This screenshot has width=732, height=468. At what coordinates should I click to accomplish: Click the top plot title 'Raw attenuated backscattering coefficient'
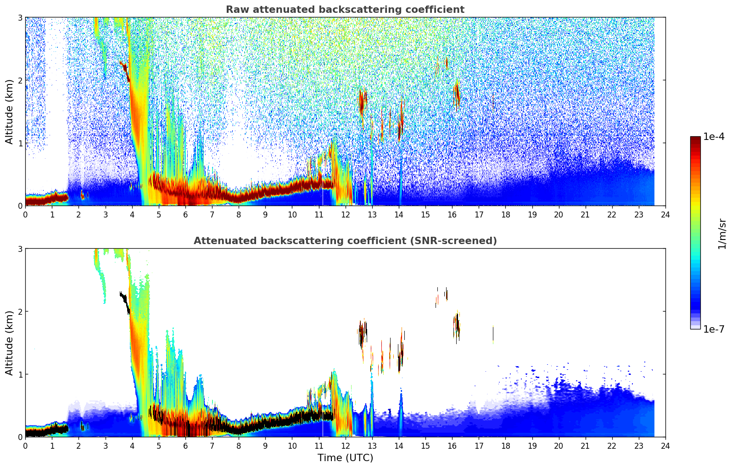coord(345,10)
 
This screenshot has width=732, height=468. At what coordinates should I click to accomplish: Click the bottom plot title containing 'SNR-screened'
coord(345,241)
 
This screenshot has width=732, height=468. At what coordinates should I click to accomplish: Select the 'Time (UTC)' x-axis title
coord(345,457)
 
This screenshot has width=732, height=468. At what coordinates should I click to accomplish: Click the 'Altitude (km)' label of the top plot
coord(10,111)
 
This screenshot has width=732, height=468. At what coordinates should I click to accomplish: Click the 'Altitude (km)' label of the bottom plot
coord(10,343)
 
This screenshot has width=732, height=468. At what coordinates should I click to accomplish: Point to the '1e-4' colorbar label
coord(714,137)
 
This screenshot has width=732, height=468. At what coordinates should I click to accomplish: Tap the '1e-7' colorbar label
coord(714,329)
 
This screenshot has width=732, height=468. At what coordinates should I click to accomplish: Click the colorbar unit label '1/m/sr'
coord(722,234)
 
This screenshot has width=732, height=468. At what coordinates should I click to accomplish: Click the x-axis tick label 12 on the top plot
coord(345,215)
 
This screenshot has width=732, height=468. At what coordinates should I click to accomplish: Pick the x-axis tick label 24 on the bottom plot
coord(665,446)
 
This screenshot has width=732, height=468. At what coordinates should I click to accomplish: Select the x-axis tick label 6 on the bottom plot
coord(185,446)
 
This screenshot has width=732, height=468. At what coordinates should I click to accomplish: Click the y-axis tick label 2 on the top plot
coord(20,80)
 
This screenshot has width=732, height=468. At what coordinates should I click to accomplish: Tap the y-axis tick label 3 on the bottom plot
coord(20,249)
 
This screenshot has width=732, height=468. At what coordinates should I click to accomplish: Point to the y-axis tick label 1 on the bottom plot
coord(20,374)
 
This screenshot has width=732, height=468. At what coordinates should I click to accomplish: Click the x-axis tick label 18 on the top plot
coord(505,215)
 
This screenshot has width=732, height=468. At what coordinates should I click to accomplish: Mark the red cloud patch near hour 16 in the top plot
coord(456,94)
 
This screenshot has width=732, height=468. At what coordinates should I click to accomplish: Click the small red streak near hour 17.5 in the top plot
coord(493,102)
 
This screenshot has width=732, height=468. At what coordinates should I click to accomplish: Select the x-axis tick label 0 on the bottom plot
coord(25,446)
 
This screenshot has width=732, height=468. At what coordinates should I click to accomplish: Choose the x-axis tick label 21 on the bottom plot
coord(585,446)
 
